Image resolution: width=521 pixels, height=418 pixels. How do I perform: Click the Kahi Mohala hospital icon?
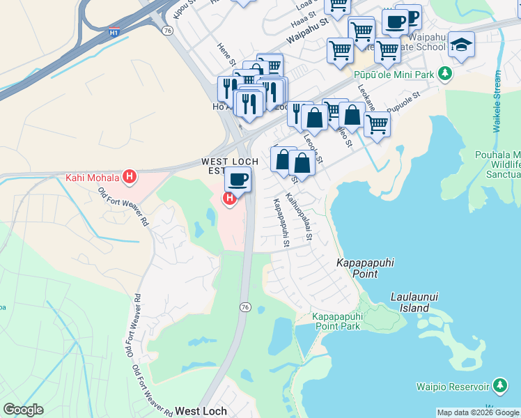click(129, 177)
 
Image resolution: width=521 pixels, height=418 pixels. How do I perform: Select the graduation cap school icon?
click(460, 45)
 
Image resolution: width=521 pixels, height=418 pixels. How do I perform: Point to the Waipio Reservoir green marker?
click(499, 385)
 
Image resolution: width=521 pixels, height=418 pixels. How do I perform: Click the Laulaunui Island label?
click(419, 302)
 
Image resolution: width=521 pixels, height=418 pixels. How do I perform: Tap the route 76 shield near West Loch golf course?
click(244, 307)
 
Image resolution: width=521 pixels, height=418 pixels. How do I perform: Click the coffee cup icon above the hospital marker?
click(238, 180)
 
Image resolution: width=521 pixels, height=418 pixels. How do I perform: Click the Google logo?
click(23, 410)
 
